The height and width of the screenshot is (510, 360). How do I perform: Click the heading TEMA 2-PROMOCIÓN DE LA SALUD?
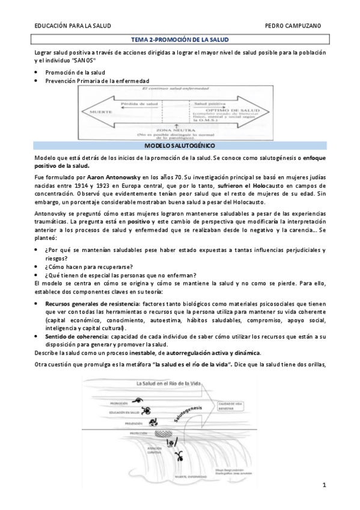pos(180,40)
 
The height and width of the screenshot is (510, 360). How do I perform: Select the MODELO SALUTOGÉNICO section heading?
pos(180,146)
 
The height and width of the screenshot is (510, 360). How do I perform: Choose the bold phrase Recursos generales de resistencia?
pos(92,304)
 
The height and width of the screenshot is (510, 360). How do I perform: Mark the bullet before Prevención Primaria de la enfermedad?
pos(37,81)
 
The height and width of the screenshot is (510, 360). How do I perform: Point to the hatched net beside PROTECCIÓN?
pos(161,434)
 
